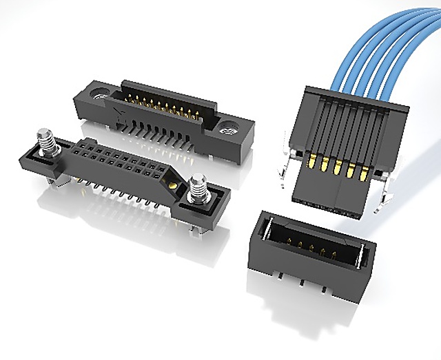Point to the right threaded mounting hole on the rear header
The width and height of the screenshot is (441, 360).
pyautogui.click(x=226, y=128)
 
